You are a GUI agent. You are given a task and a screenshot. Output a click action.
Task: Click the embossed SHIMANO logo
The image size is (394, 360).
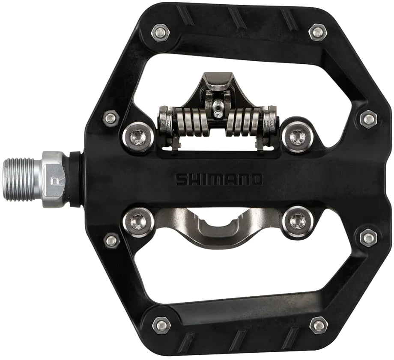pos(219,179)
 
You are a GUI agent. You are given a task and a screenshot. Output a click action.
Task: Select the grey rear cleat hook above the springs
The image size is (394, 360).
pos(215,83)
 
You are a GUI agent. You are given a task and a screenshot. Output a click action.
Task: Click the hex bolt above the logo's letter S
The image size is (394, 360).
pos(138,137)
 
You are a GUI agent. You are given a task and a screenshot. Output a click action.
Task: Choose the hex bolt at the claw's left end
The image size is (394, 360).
pos(138,222)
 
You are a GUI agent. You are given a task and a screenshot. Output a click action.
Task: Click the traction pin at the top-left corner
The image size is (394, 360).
pos(160,31)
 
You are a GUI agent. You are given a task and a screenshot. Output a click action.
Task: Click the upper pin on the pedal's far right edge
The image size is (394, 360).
pos(368,119)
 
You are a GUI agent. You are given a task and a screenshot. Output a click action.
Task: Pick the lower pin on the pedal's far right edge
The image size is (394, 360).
pos(368,238)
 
